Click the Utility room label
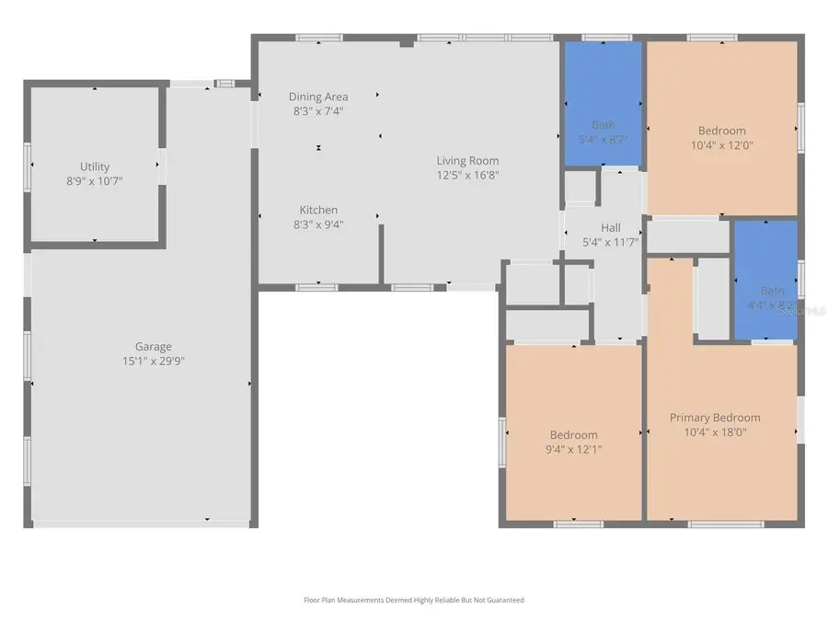[x=95, y=167]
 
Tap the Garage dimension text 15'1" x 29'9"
[x=154, y=361]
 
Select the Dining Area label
[x=317, y=97]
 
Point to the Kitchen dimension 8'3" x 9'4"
[x=318, y=224]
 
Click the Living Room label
[x=467, y=161]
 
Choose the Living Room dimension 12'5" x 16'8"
[x=467, y=175]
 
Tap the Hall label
[x=611, y=228]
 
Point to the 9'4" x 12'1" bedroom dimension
[x=573, y=449]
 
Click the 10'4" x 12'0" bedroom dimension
[x=721, y=144]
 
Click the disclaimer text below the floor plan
[x=413, y=600]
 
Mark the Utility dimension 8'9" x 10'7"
[x=95, y=180]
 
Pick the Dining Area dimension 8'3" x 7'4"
[x=317, y=110]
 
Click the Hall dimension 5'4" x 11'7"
[x=611, y=242]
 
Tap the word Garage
[x=154, y=347]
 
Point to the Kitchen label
[x=318, y=210]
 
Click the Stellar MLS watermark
[x=802, y=312]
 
